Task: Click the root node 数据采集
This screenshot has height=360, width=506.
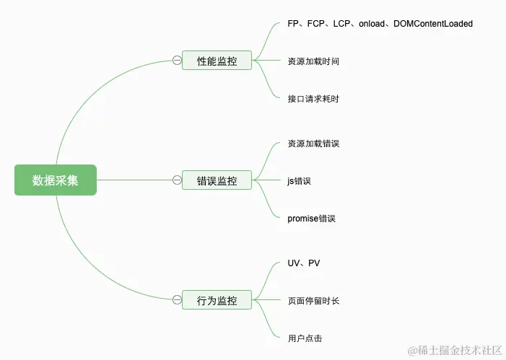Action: [56, 180]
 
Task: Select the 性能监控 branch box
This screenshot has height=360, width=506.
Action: [217, 61]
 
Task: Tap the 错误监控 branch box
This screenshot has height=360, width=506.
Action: [217, 180]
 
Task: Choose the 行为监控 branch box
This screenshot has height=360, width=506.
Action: [217, 300]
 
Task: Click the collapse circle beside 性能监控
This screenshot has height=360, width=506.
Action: [177, 61]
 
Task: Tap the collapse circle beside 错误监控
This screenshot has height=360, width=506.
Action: [177, 180]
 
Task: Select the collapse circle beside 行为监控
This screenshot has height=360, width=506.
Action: [177, 300]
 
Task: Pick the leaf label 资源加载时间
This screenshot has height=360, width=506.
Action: [313, 61]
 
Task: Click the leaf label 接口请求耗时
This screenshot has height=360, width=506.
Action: [313, 99]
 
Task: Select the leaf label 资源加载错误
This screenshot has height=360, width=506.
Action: [313, 144]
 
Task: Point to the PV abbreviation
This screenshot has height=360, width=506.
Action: [314, 263]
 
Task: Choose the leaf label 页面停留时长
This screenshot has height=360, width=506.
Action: [313, 301]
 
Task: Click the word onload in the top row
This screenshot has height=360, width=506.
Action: [370, 24]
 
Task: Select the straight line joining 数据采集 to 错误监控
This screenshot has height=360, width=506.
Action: [134, 180]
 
